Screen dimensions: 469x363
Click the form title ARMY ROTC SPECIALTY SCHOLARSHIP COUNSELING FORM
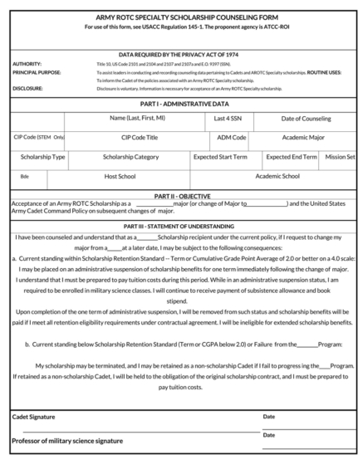point(181,17)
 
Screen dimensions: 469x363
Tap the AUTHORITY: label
point(28,64)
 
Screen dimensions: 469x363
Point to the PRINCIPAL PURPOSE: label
point(37,72)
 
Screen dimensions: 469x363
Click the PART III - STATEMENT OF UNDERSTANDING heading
point(181,226)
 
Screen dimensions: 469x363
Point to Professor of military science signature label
point(67,440)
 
